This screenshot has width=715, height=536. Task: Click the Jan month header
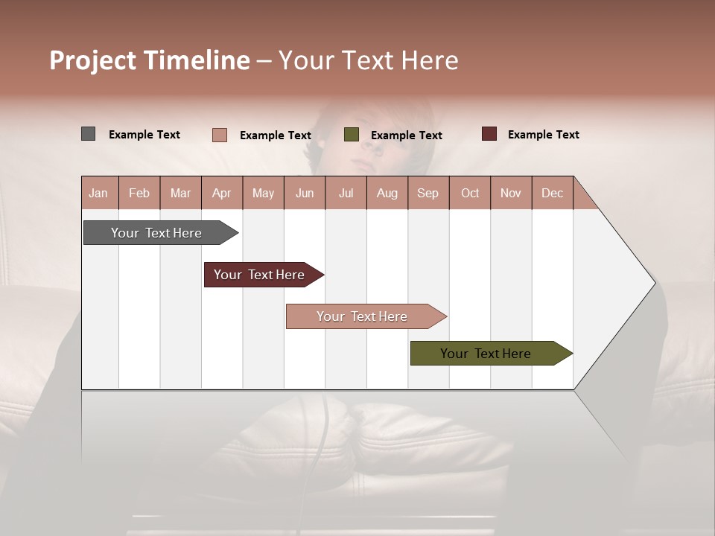coord(99,193)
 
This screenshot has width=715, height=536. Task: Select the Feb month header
coord(139,193)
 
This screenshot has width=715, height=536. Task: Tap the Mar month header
coord(180,193)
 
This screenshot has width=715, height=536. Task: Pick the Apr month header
coord(222,193)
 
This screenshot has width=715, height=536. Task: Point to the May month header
coord(263,193)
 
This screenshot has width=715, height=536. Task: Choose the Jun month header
coord(305,193)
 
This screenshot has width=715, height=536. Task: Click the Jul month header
coord(346,193)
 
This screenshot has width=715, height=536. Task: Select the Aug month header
coord(387,193)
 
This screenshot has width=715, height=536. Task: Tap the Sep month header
coord(428,193)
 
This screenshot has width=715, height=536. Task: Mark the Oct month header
coord(470,193)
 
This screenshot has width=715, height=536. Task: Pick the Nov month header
coord(511,193)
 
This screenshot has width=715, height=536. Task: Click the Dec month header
coord(553,193)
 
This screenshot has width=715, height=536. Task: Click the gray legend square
coord(89,134)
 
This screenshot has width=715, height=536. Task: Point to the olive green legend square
coord(352,135)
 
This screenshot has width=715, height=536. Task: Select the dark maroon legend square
coord(489,134)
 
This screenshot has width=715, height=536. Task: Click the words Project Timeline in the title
coord(150,60)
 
